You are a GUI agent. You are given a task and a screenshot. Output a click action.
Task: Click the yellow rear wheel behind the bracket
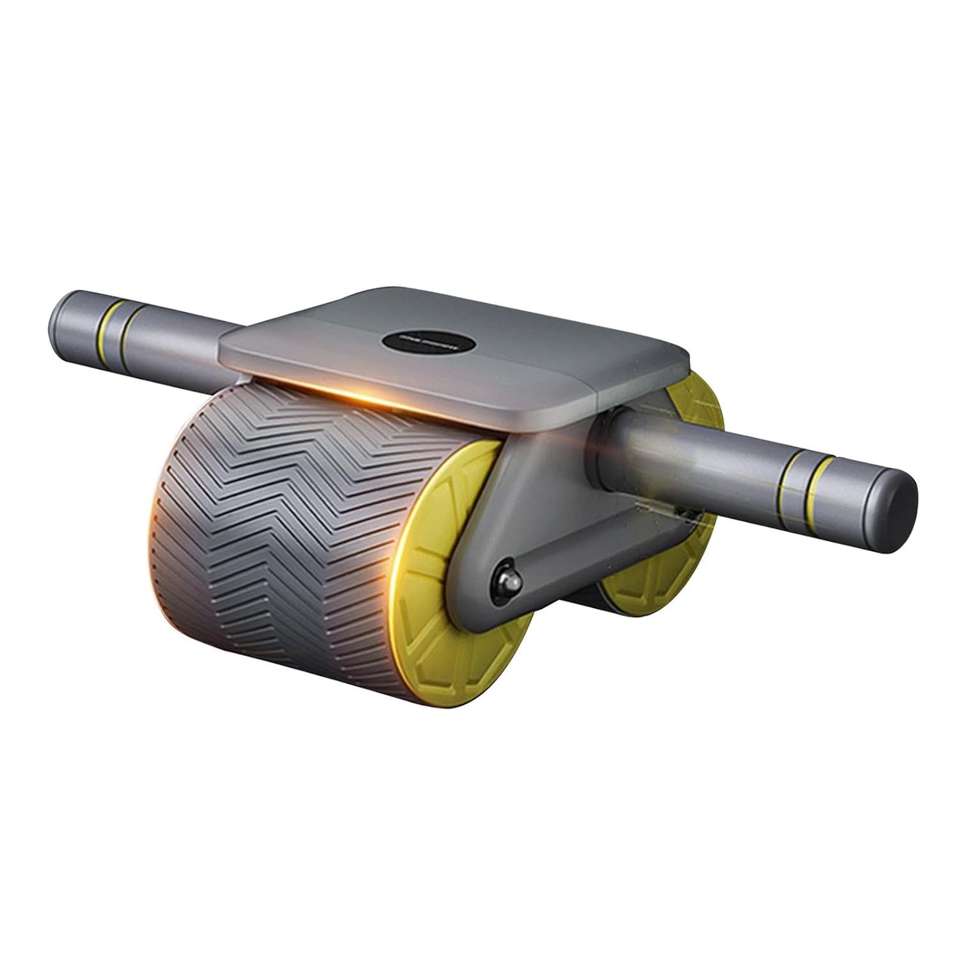coord(646,588)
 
